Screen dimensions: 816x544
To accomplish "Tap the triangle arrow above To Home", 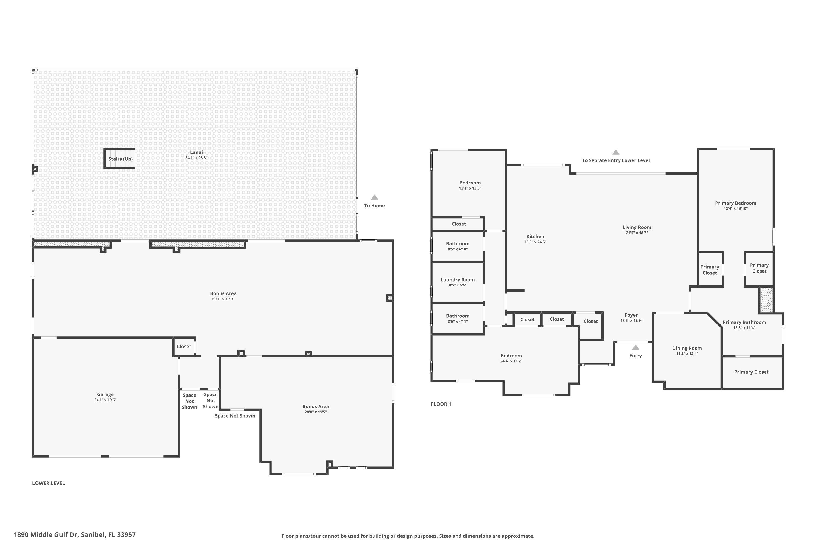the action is pos(374,197).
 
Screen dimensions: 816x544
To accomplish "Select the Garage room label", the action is pos(105,394).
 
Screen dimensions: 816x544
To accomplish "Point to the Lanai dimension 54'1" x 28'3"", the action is pos(196,158).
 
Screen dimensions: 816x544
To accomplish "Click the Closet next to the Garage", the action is pos(184,346).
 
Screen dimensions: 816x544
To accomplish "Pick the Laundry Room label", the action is pos(458,280).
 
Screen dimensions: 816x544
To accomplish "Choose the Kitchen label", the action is pos(535,236).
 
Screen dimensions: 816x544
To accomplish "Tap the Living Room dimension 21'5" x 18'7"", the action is pos(637,233).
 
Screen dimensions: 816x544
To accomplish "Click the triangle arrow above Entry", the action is pos(636,347).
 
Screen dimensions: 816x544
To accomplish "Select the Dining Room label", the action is pos(687,348).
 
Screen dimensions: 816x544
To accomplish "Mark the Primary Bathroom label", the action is pos(744,322).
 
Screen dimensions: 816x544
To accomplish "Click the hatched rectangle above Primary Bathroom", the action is pos(766,300).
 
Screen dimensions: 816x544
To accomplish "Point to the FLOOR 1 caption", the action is pos(441,404).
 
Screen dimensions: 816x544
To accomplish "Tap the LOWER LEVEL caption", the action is pos(49,483).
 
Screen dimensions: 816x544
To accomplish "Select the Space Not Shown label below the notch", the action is pos(235,416).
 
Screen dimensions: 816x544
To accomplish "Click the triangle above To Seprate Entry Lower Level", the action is pos(616,152).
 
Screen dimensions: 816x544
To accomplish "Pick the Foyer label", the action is pos(631,315).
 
